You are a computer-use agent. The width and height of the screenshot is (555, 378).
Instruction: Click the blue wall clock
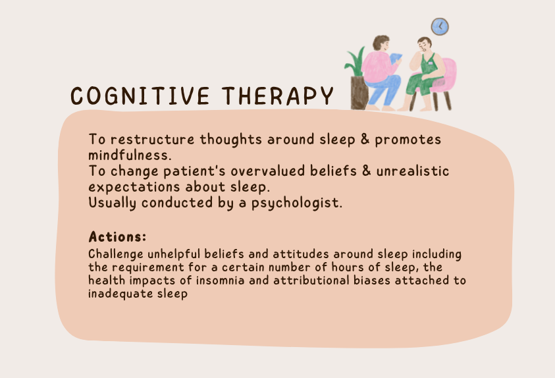(x=440, y=26)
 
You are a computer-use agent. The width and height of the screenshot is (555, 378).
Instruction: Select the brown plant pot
(x=359, y=93)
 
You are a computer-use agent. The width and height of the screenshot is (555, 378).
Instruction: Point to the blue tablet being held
(x=396, y=59)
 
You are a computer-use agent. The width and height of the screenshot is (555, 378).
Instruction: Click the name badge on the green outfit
(x=431, y=63)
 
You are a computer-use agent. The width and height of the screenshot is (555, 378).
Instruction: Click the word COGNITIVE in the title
(x=140, y=96)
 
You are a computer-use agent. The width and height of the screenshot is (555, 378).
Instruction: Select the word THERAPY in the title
(x=278, y=96)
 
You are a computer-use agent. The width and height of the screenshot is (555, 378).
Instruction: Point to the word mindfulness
(x=130, y=155)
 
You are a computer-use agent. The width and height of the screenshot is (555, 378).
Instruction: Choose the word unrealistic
(x=412, y=171)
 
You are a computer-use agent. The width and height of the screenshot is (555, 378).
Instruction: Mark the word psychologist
(x=297, y=203)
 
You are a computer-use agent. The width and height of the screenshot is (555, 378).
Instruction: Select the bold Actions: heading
(x=117, y=237)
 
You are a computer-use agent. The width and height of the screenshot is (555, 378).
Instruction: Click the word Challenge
(x=116, y=254)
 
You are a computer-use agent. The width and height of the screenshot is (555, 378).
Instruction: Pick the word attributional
(x=311, y=281)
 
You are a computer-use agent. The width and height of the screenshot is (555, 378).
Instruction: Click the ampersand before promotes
(x=365, y=139)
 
